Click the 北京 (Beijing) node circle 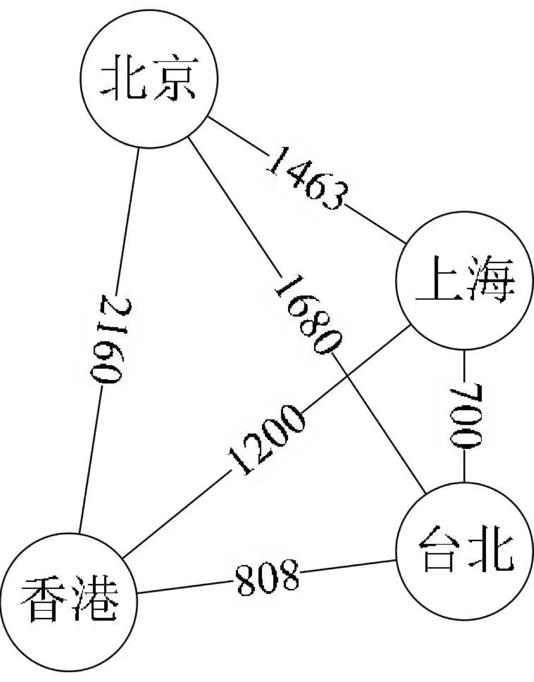coord(149,79)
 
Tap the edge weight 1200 coord(265,440)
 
